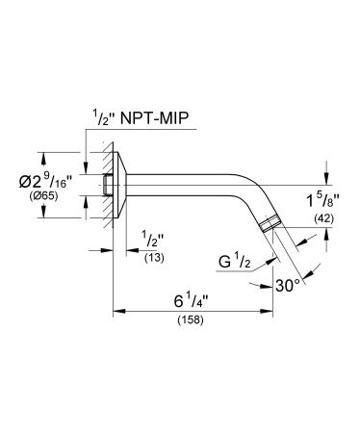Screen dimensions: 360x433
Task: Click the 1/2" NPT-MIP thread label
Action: tap(141, 117)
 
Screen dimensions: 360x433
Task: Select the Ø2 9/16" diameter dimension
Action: tap(45, 183)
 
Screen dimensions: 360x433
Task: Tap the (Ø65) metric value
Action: tap(43, 196)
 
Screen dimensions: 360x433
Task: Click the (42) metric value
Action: tap(323, 218)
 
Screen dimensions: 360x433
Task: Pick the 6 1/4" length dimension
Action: tap(191, 302)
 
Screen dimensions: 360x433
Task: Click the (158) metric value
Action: tap(191, 319)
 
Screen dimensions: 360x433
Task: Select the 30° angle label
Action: tap(288, 285)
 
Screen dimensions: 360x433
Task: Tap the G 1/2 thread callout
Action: tap(234, 262)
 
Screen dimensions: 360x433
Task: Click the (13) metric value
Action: tap(154, 258)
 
